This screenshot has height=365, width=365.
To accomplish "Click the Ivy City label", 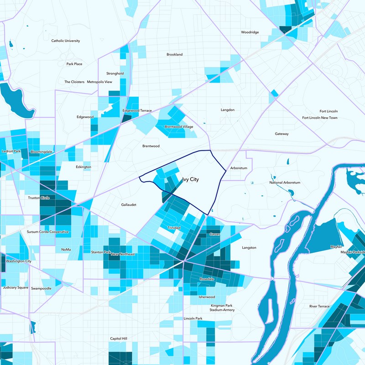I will click(x=190, y=180).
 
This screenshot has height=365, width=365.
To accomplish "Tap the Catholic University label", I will click(x=66, y=41).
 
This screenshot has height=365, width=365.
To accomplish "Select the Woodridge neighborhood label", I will click(x=250, y=32).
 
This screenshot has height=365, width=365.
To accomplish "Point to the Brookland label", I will click(x=174, y=54).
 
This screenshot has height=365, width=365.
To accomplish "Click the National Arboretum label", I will click(x=285, y=182).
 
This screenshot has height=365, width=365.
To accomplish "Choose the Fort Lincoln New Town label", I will click(x=320, y=118).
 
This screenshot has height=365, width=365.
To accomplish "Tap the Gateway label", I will click(x=282, y=134).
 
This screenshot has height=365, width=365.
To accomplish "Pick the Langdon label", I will click(x=227, y=110).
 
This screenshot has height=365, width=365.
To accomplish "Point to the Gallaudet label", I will click(x=129, y=205).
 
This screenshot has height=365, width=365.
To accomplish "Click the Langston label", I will click(x=249, y=248).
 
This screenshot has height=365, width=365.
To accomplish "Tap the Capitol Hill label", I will click(x=119, y=339).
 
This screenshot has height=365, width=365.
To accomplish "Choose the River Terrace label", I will click(x=319, y=306).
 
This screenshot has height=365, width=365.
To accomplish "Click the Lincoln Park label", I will click(x=193, y=318).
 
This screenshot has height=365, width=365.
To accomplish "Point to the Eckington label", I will click(x=83, y=167).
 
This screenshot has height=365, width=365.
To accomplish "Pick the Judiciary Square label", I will click(x=16, y=288).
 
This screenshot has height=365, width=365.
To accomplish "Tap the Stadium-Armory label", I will click(x=222, y=310).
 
